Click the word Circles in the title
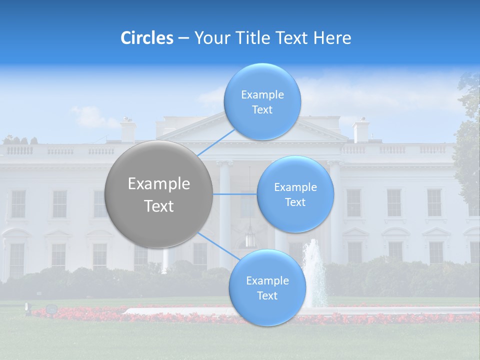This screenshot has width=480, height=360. coord(147,38)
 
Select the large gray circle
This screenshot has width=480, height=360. coord(159,194)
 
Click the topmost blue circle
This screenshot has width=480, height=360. coord(262,101)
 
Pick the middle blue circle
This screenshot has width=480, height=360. coord(295,194)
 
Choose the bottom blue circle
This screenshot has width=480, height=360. coord(267,287)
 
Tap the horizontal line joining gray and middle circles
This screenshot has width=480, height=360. coord(234,194)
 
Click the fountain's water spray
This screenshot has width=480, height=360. coord(314,272)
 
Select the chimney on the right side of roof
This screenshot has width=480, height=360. coord(360,130)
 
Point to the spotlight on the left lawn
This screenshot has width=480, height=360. coord(50,309)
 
